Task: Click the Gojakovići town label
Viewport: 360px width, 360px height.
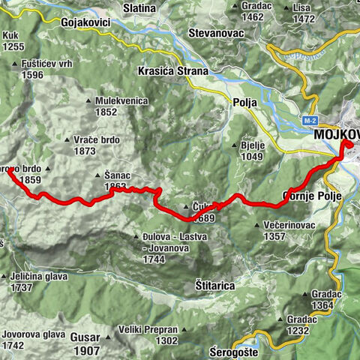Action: point(81,23)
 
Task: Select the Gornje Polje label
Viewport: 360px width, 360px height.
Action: point(311,196)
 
